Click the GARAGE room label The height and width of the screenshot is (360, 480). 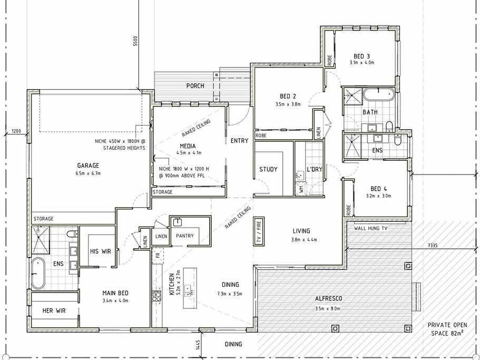point(88,166)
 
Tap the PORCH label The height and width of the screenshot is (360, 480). point(195,86)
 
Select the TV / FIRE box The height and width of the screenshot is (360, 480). point(259,231)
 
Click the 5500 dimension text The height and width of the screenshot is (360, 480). point(135,41)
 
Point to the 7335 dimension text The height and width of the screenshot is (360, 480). point(433,245)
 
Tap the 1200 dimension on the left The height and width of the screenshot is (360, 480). point(16,131)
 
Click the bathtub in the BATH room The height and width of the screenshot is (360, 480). point(378,94)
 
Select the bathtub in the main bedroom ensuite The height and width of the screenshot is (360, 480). point(38,273)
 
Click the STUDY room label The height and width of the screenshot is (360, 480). point(269,169)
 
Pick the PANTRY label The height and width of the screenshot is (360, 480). point(185,236)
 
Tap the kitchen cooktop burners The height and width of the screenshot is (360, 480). point(156,296)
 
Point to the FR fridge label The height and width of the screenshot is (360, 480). point(158,255)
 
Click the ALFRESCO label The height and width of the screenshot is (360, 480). point(329,298)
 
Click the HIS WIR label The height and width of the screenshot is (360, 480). point(101,251)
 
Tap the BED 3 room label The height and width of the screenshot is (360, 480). point(362,56)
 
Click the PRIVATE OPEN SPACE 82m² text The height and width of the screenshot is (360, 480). point(447,329)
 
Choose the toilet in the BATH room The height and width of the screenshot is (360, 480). point(389,127)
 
